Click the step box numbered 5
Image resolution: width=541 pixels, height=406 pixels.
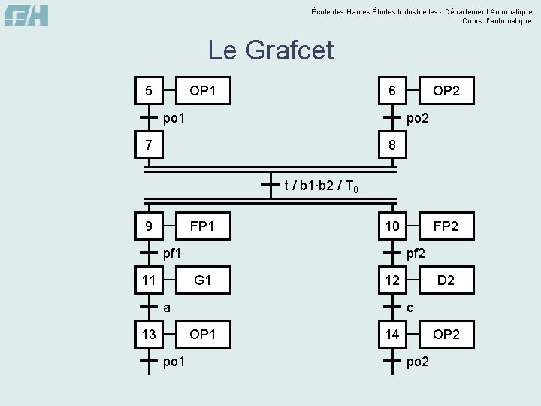(149, 91)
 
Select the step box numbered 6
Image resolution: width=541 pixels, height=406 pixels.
(392, 91)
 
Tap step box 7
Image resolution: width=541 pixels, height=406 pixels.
(149, 144)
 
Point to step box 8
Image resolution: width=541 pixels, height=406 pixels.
(392, 144)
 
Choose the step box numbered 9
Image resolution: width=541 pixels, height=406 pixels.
(149, 225)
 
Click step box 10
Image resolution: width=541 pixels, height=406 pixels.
(392, 225)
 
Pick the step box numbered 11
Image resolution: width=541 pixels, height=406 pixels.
(149, 280)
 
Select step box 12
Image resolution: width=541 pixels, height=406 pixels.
(392, 280)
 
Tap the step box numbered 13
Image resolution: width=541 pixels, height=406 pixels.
(149, 334)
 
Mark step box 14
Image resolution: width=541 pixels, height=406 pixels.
(392, 334)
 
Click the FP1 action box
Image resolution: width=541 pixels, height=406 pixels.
(202, 225)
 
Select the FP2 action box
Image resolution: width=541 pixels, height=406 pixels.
(446, 225)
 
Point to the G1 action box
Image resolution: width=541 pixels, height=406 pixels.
(202, 280)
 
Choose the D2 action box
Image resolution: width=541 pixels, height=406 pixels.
(446, 280)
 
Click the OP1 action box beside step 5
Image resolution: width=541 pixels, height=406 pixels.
(202, 91)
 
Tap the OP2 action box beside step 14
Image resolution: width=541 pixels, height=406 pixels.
(446, 334)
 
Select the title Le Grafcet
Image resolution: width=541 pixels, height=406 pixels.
(270, 51)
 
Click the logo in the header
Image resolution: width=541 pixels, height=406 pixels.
(26, 15)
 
